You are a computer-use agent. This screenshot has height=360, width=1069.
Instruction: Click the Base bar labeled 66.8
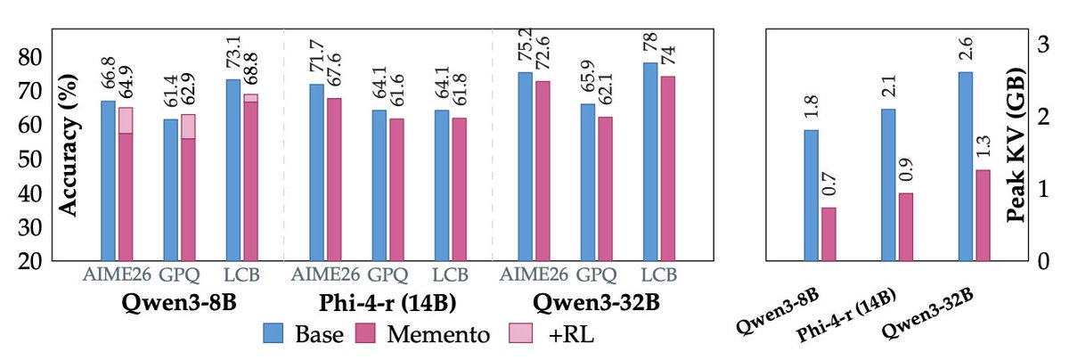(108, 181)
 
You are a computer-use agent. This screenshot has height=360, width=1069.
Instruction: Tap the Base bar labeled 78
(650, 162)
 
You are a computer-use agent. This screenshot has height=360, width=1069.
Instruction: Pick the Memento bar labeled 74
(668, 168)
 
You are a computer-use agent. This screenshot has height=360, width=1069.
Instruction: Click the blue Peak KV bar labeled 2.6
(966, 167)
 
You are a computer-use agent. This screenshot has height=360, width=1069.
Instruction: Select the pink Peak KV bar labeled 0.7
(828, 234)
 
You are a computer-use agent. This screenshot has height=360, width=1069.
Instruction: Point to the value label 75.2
(526, 50)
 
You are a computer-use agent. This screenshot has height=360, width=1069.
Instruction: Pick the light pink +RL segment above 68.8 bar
(250, 98)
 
